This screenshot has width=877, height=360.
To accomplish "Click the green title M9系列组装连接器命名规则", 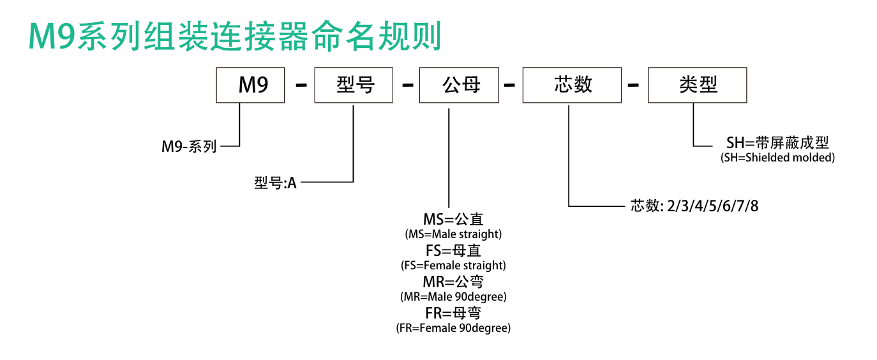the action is click(x=235, y=36).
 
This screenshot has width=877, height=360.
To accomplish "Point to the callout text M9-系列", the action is click(x=189, y=147).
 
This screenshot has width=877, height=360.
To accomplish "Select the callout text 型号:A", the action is click(x=275, y=183).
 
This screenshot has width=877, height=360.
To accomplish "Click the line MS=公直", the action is click(x=453, y=219).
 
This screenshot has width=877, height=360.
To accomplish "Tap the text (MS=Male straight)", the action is click(x=453, y=234).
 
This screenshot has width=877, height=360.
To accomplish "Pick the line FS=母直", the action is click(x=453, y=250).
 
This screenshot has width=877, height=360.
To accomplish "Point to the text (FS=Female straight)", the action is click(x=453, y=266).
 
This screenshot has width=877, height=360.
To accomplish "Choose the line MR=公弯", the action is click(x=453, y=281).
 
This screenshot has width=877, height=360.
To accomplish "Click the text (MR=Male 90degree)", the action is click(x=453, y=297).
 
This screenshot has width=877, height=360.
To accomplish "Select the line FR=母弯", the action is click(x=453, y=313).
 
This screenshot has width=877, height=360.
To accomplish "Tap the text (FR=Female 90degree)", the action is click(x=453, y=328).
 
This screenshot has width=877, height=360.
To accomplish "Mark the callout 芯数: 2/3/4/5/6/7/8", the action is click(x=694, y=206).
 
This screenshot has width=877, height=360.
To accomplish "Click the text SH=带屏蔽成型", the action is click(x=777, y=142).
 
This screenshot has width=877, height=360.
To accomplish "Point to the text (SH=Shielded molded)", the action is click(x=777, y=158).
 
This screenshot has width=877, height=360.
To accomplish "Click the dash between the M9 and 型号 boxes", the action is click(x=301, y=85).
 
